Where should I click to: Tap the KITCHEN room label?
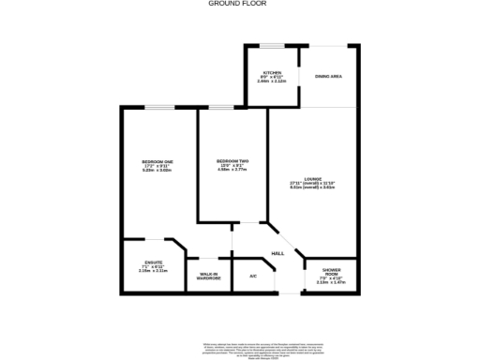272,72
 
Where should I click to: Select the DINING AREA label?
328,76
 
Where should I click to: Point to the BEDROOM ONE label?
157,162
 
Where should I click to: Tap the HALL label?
277,254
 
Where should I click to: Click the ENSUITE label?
154,262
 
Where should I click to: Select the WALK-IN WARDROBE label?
208,276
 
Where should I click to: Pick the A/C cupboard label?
253,276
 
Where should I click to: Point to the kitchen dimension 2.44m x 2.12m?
272,81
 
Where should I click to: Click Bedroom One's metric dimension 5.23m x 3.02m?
157,171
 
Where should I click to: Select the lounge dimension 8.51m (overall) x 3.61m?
313,188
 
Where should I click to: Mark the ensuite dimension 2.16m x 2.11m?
154,271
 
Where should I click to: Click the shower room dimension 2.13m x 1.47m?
331,281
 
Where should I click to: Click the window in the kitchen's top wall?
272,44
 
